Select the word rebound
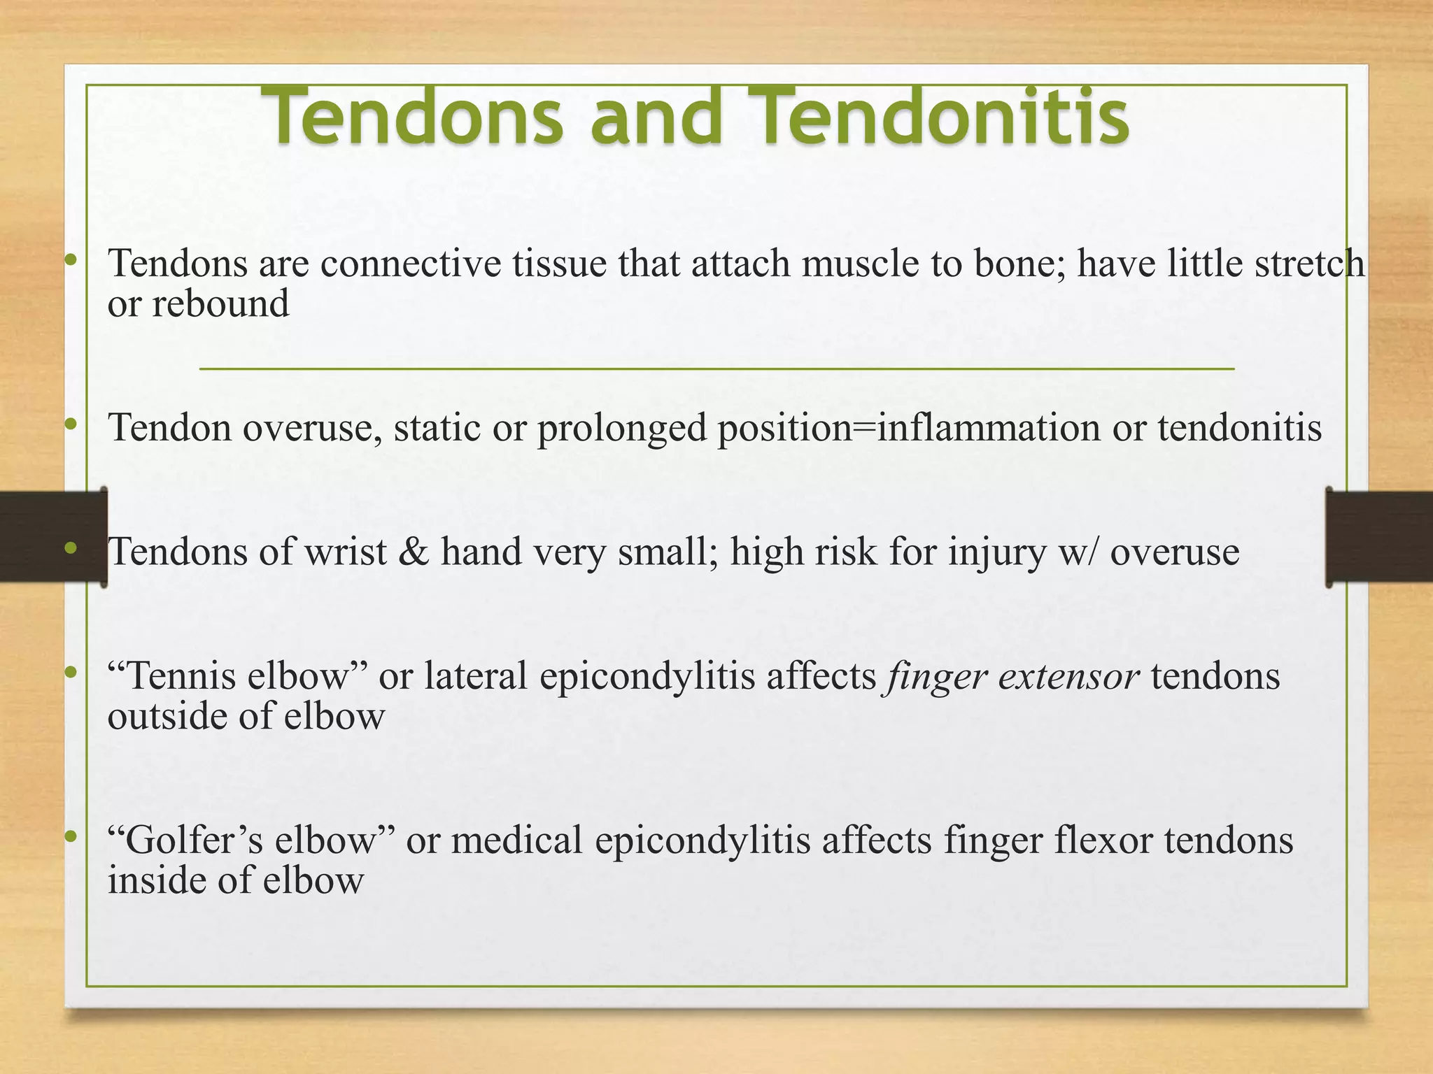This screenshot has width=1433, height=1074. point(220,304)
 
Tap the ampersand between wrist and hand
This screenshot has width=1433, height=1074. point(413,552)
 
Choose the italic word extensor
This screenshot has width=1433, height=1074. point(1068,676)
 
